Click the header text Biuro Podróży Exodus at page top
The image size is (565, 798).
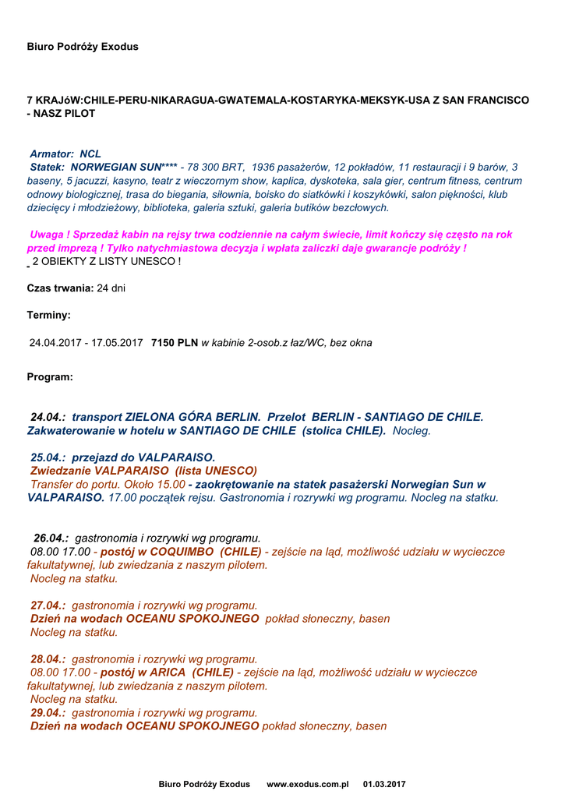click(x=83, y=47)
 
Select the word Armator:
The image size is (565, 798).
click(x=52, y=154)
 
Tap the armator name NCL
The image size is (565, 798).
click(x=90, y=154)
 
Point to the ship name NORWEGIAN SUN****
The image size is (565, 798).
click(x=124, y=167)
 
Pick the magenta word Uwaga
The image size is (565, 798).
click(x=45, y=235)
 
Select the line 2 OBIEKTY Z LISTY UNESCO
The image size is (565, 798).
click(x=106, y=261)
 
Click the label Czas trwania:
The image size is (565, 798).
click(x=60, y=288)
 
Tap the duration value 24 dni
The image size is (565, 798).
click(x=111, y=288)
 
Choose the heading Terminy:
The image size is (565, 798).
click(x=48, y=316)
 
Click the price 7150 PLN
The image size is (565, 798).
click(x=175, y=342)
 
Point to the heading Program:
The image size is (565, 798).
click(x=50, y=377)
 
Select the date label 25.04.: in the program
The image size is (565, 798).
click(x=48, y=457)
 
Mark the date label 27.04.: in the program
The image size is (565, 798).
click(x=48, y=605)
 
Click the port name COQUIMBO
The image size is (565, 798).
click(x=182, y=552)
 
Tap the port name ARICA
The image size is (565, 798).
click(x=172, y=672)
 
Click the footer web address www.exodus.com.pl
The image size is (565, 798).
click(x=307, y=784)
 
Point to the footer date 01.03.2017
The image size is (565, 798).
click(x=384, y=784)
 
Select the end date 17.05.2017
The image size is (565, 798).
click(x=117, y=342)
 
